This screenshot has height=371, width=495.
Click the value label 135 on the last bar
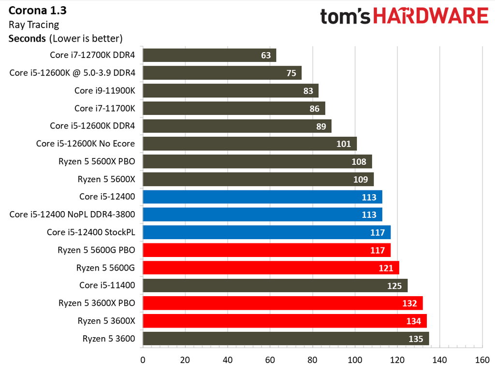pos(416,339)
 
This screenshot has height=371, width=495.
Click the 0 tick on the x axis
pos(143,360)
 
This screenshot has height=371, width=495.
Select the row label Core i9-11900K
pos(104,90)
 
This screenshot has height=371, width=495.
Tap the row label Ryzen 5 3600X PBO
pos(97,303)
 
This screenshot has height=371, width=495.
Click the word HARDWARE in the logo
pos(431,16)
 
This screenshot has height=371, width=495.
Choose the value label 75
pos(291,73)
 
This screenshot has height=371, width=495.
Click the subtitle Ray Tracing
pos(34,24)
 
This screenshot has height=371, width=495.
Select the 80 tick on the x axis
pos(313,360)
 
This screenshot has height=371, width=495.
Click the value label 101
pos(344,144)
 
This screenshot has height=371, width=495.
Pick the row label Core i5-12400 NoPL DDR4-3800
pos(72,214)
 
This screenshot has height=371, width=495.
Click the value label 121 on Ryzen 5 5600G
pos(386,268)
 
